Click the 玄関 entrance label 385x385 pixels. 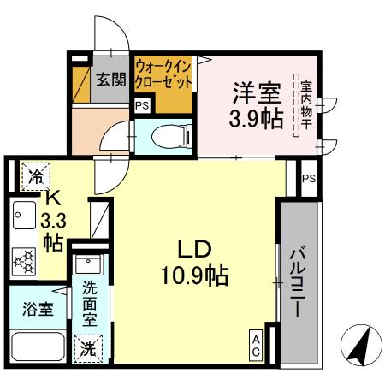pos(110,80)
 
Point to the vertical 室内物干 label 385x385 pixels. pos(304,107)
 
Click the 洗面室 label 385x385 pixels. pos(90,305)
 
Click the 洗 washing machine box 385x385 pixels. pos(87,349)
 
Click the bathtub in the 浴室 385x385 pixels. pos(39,349)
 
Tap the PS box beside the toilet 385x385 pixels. pos(141,105)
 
